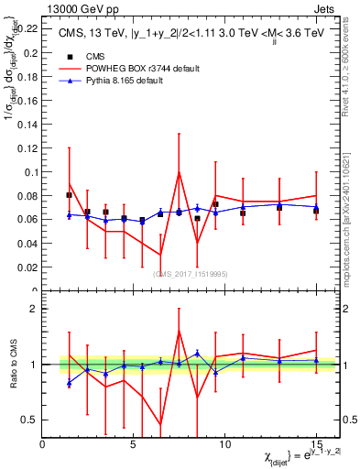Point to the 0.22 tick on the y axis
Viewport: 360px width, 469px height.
(x=27, y=28)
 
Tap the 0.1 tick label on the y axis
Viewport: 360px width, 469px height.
(x=30, y=171)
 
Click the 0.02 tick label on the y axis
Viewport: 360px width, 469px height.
(x=27, y=267)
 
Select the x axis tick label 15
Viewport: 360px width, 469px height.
(x=316, y=443)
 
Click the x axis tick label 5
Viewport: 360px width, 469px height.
(x=134, y=443)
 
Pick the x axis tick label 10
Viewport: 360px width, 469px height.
(x=224, y=443)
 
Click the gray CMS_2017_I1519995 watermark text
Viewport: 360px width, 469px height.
(x=191, y=273)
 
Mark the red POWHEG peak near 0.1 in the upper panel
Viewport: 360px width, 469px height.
(x=179, y=171)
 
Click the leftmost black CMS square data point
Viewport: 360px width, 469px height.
(x=70, y=195)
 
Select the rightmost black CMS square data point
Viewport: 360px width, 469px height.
(x=316, y=210)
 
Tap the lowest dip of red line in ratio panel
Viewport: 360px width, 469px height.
(x=161, y=424)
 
